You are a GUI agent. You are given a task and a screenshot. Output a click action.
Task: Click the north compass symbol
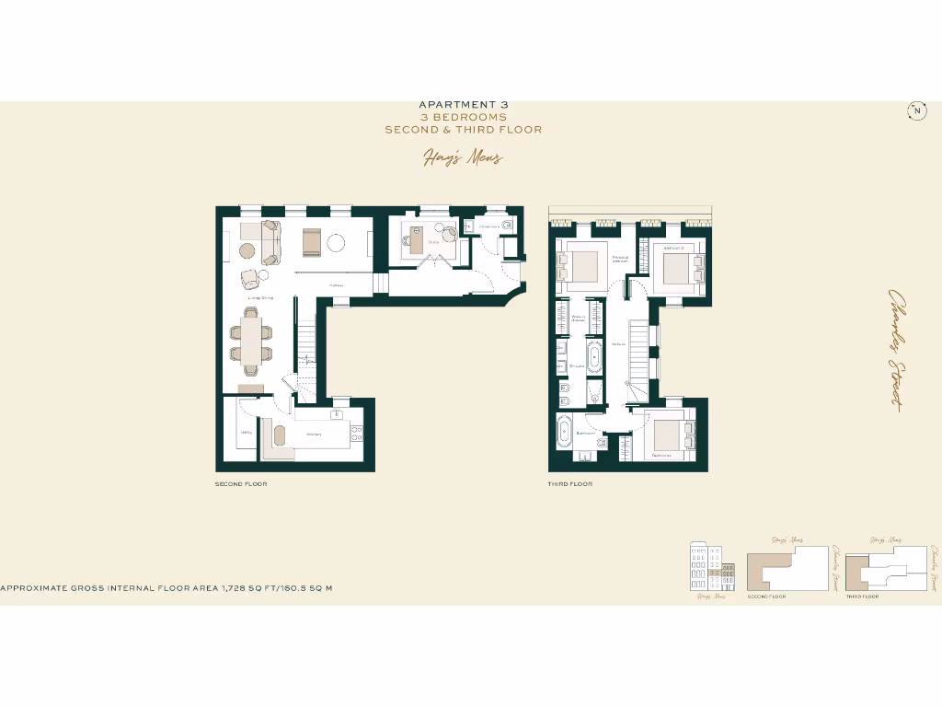(x=917, y=111)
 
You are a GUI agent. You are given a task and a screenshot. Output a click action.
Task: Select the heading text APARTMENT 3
(x=463, y=105)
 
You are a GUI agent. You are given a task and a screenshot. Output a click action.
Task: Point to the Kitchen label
(x=314, y=434)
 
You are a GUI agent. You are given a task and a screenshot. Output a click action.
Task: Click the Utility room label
(x=247, y=432)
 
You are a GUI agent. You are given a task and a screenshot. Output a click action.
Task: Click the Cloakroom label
(x=488, y=226)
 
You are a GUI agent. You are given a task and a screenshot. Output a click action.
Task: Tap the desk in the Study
(x=415, y=244)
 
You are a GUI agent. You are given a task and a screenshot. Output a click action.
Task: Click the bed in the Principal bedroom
(x=580, y=267)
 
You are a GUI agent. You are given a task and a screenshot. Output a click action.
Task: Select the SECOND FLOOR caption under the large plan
(x=241, y=484)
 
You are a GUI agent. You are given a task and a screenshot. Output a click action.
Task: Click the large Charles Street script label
(x=893, y=349)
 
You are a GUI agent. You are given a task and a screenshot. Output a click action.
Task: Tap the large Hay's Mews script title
(x=463, y=158)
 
